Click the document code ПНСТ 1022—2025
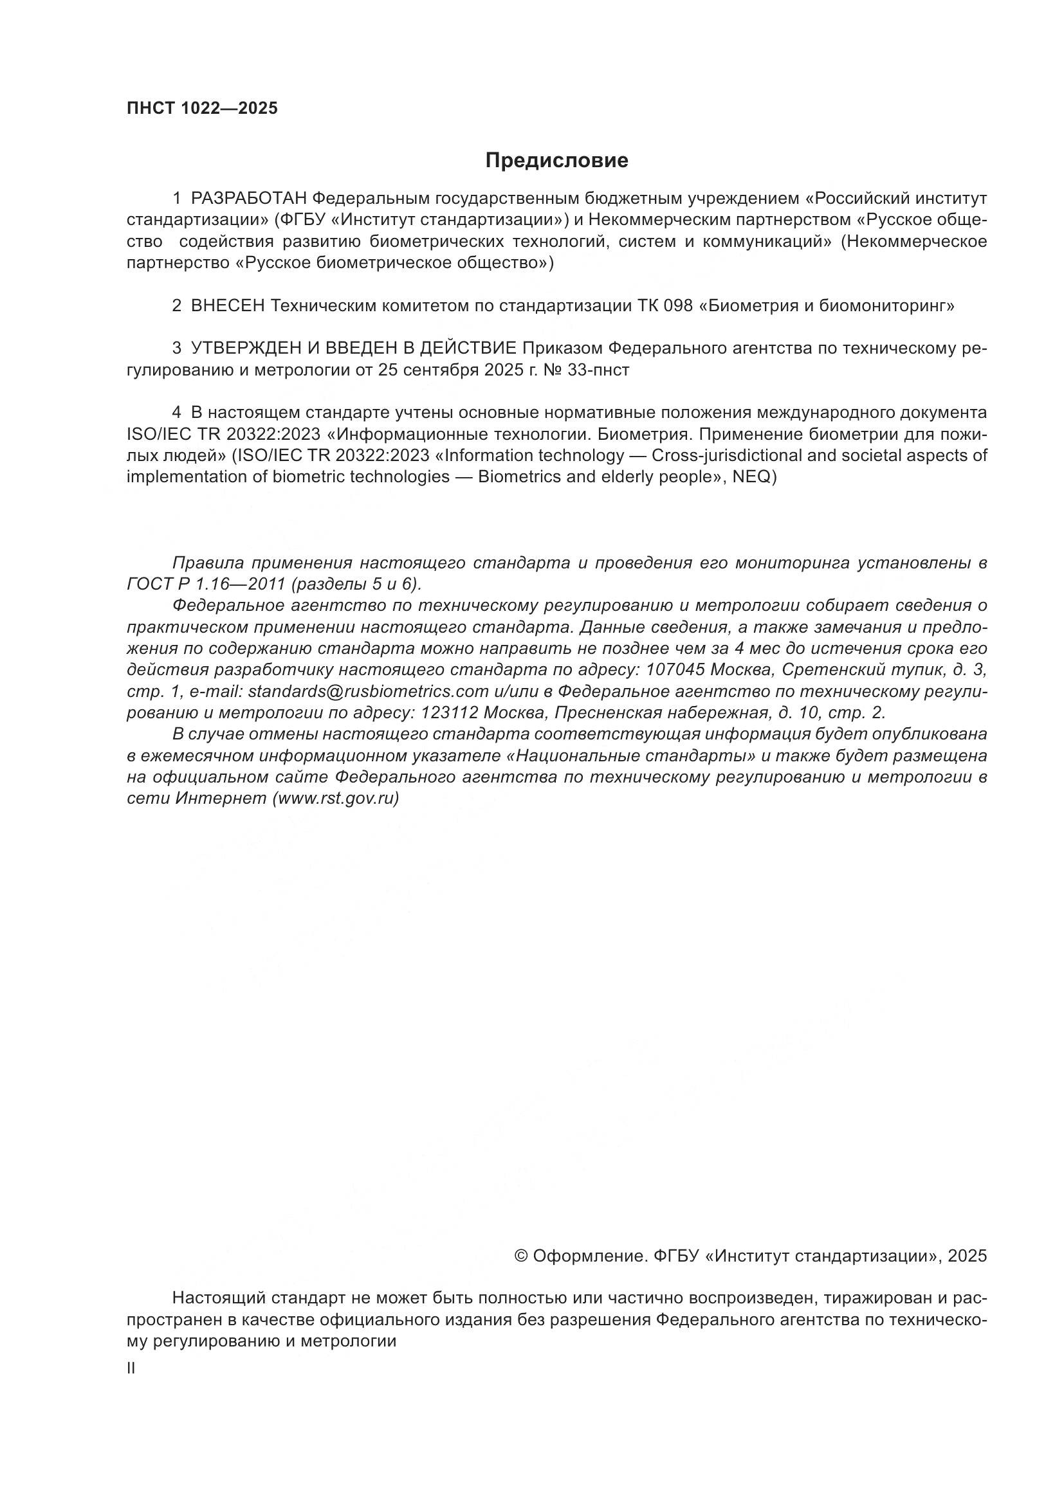(x=202, y=108)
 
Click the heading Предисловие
(x=556, y=161)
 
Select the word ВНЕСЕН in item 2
(x=227, y=306)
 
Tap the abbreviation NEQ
(x=753, y=477)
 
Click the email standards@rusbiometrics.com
(x=368, y=691)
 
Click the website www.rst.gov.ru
(x=336, y=799)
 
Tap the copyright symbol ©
(x=522, y=1256)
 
